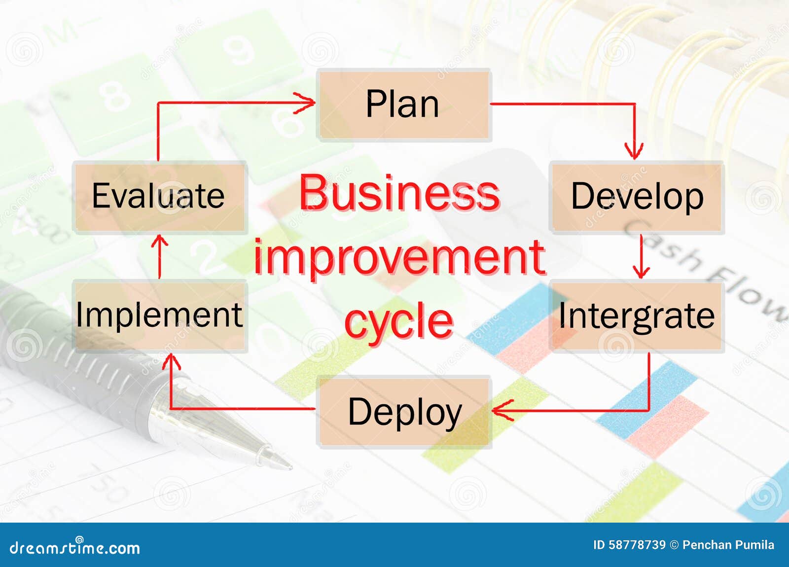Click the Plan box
[x=404, y=105]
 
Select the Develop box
[x=637, y=196]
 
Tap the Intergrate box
[x=637, y=316]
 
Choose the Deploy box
[x=404, y=411]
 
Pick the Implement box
[x=160, y=315]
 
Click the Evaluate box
[x=160, y=196]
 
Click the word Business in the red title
[x=399, y=193]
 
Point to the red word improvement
[x=399, y=257]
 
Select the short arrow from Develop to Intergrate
[x=641, y=256]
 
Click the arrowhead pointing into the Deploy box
[x=502, y=410]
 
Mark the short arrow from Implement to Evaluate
[x=159, y=256]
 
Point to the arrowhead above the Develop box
[x=634, y=150]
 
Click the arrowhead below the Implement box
[x=171, y=362]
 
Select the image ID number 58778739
[x=637, y=545]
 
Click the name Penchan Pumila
[x=728, y=545]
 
